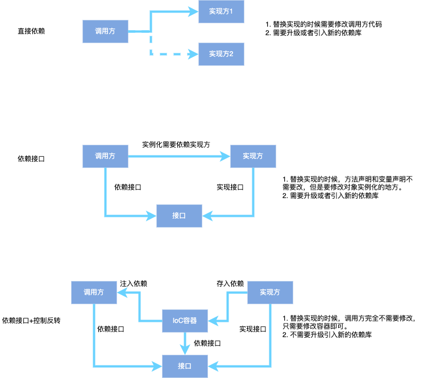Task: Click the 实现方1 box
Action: [x=221, y=12]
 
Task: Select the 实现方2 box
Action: [x=221, y=54]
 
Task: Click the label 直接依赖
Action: [x=31, y=31]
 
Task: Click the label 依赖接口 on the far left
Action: [x=31, y=159]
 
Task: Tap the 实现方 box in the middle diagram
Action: [x=253, y=156]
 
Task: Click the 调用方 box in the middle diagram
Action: [x=105, y=156]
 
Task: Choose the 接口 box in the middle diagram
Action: [x=179, y=216]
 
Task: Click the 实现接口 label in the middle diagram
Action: [x=230, y=187]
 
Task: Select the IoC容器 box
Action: [x=185, y=321]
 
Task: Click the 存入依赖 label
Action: [x=230, y=283]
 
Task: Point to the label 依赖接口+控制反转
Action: [x=32, y=320]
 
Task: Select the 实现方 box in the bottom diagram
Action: [x=271, y=292]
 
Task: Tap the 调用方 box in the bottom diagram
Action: [x=94, y=292]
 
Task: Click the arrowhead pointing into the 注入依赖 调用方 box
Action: [x=121, y=292]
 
